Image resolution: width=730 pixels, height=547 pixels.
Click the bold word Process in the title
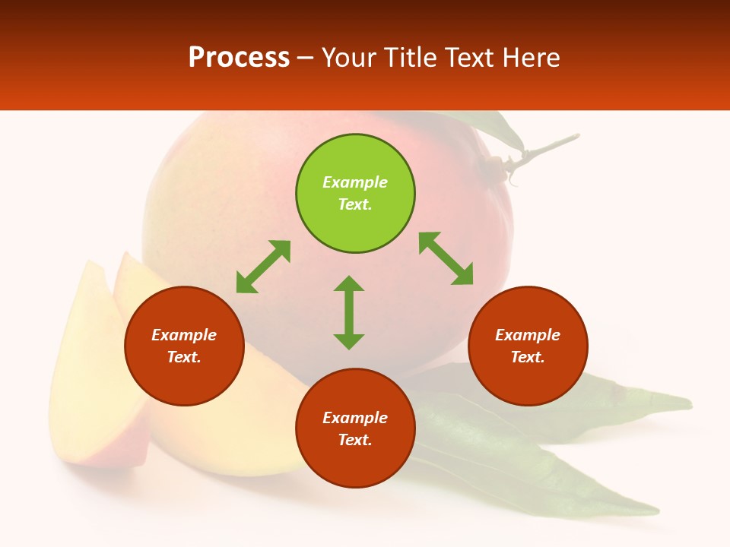point(239,58)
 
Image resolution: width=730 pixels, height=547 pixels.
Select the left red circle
point(184,380)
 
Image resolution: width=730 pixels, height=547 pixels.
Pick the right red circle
point(528,380)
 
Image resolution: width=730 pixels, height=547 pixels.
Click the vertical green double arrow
point(349,312)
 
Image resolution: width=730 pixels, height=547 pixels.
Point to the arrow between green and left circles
point(263,267)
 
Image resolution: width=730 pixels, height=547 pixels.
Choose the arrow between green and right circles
point(446,259)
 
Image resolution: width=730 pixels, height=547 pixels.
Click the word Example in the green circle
point(355,182)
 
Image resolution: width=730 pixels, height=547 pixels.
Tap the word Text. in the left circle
point(184,357)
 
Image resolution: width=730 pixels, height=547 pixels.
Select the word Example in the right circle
point(528,335)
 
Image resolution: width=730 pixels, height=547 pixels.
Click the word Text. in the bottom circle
point(355,440)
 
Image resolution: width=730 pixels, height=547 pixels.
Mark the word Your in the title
point(347,58)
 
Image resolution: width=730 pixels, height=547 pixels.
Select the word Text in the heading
point(470,58)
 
